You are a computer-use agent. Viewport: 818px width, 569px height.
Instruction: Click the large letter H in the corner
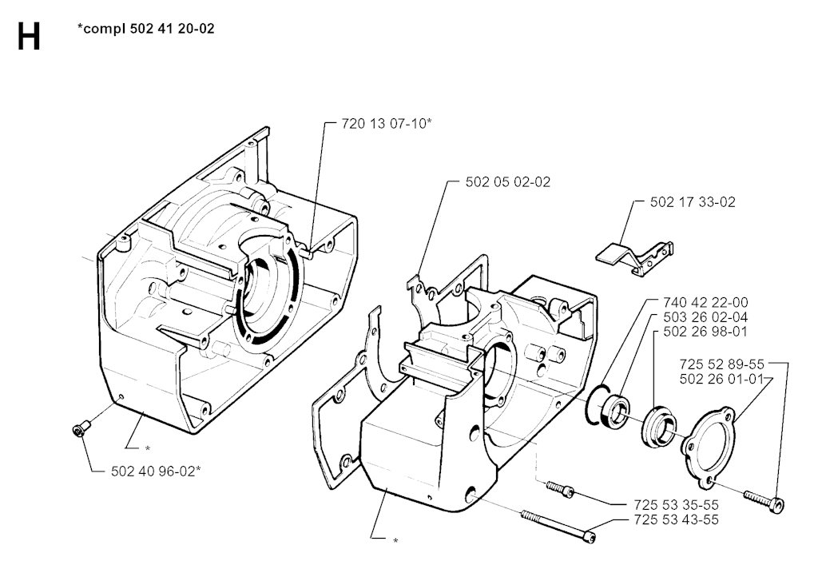pos(29,36)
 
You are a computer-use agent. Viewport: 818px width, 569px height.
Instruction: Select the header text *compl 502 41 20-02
pos(145,29)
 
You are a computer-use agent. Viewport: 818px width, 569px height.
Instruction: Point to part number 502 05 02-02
pos(508,181)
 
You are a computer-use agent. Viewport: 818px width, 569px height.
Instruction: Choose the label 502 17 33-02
pos(693,202)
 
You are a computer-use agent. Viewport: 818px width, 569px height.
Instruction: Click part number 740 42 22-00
pos(705,302)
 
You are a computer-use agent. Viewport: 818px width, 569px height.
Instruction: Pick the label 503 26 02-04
pos(705,316)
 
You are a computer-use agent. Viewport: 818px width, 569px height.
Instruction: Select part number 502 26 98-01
pos(705,331)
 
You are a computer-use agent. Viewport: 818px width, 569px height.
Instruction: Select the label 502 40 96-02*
pos(157,471)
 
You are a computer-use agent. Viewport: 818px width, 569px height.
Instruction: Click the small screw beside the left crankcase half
pos(79,431)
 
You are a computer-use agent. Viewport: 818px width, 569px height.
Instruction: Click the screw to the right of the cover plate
pos(764,500)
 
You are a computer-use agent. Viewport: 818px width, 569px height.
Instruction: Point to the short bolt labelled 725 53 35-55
pos(559,489)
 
